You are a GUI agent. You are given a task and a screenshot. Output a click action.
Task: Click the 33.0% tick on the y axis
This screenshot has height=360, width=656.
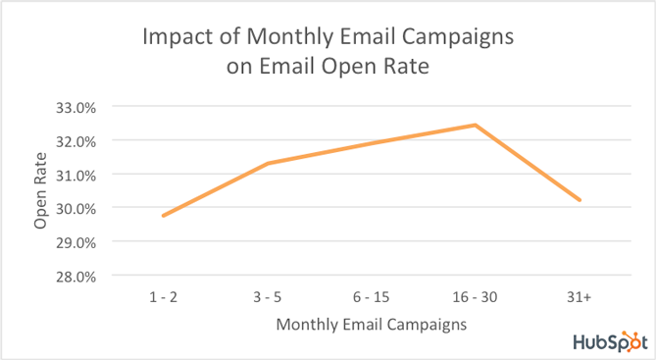pos(76,106)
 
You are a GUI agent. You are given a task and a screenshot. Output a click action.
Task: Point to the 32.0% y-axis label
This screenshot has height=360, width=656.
pos(76,140)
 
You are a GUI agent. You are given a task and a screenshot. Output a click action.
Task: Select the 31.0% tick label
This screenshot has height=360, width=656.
pos(76,175)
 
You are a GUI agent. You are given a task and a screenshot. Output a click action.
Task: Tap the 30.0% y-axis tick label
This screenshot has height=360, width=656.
pos(76,208)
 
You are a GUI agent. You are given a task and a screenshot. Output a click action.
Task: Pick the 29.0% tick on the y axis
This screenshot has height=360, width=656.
pos(76,241)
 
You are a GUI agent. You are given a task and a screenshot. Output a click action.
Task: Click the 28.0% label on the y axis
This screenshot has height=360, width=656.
pos(76,276)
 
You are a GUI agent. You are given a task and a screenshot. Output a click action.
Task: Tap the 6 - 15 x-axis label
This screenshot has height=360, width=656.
pos(370,295)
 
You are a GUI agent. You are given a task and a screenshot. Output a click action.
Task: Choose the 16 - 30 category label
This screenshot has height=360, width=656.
pos(475,295)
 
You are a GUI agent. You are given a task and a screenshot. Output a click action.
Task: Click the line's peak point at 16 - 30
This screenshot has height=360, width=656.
pos(475,126)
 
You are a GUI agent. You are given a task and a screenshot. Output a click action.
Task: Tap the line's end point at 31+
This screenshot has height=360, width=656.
pos(580,200)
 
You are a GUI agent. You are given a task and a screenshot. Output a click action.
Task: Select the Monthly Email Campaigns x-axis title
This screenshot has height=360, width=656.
pos(370,323)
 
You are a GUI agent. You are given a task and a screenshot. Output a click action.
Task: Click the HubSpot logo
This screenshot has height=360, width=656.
pos(608,341)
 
